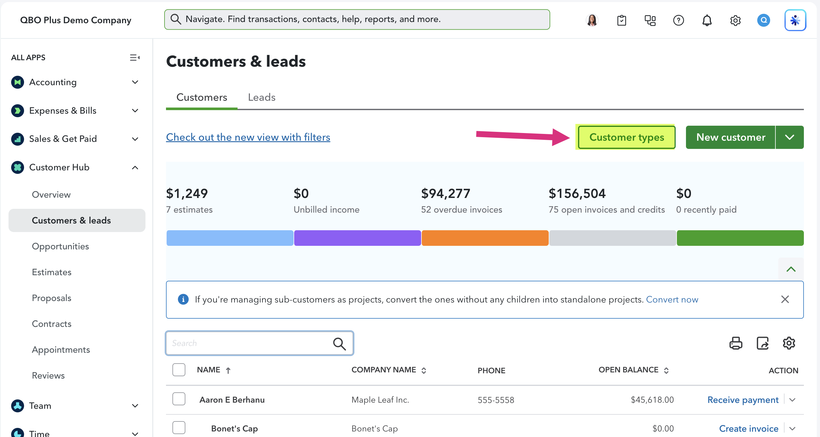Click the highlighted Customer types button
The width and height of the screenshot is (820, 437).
(x=626, y=137)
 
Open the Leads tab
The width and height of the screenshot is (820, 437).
(x=262, y=97)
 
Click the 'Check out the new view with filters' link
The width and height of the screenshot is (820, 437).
(x=248, y=137)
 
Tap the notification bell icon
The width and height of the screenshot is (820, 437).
(x=707, y=20)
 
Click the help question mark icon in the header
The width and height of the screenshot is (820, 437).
(x=678, y=20)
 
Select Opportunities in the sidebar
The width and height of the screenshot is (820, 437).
(x=60, y=246)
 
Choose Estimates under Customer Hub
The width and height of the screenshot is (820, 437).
(x=52, y=272)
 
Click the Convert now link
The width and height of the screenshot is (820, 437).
(x=672, y=299)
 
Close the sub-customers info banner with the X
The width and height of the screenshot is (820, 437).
(x=785, y=299)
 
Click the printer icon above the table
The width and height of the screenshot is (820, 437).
(x=736, y=343)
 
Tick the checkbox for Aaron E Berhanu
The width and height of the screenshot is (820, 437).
(x=179, y=399)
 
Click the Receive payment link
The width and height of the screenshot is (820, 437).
(x=743, y=400)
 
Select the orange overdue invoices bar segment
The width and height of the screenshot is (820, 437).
(x=485, y=238)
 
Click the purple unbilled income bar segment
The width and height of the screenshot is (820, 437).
(x=357, y=238)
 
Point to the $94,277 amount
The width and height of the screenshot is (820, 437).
(x=445, y=194)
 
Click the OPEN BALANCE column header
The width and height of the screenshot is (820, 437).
(x=628, y=370)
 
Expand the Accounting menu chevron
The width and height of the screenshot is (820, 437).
(x=135, y=82)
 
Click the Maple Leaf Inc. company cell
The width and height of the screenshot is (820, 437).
(x=380, y=400)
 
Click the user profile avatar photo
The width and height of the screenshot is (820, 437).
(x=592, y=20)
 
